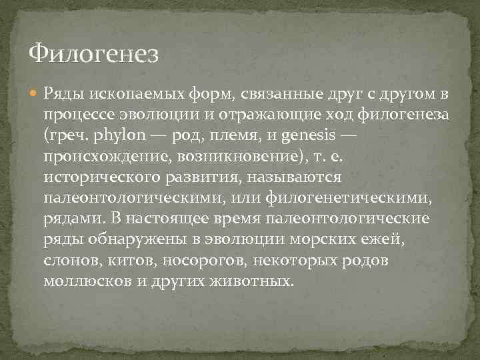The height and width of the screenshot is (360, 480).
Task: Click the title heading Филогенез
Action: (x=95, y=53)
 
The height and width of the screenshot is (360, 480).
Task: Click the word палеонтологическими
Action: (x=129, y=199)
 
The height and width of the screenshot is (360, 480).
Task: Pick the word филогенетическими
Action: (x=353, y=199)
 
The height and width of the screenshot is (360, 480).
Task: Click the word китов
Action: (x=125, y=262)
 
